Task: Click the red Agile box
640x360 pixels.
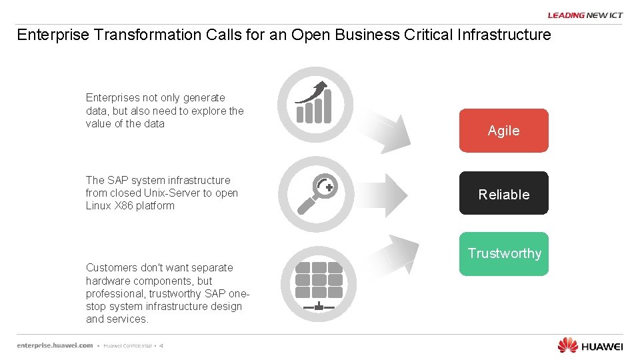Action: pos(503,131)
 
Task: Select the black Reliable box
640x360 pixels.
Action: pos(503,194)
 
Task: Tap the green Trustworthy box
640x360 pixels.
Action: pos(503,254)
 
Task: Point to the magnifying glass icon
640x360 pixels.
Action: pos(315,194)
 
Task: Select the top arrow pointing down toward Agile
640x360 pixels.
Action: pos(393,133)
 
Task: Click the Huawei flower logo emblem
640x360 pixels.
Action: pos(567,345)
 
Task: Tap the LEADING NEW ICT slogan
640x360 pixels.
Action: pos(585,15)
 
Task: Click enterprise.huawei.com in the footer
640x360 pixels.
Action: pos(55,345)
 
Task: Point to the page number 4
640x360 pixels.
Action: pos(161,346)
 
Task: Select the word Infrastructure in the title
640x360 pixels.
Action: pos(504,35)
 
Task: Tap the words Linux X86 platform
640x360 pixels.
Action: pos(130,206)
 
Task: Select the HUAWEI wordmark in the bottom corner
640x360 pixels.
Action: pos(602,346)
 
